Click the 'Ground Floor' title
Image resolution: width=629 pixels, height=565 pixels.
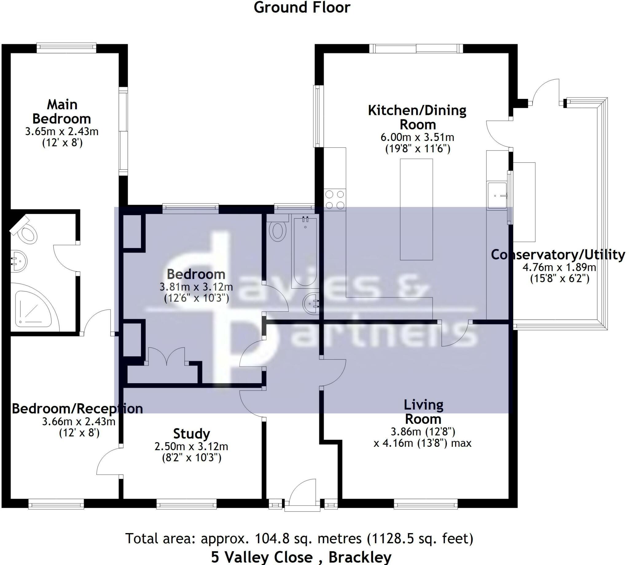[302, 7]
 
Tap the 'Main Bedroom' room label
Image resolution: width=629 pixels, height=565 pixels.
[62, 112]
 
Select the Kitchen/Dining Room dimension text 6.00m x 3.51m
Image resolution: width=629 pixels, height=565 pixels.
[417, 137]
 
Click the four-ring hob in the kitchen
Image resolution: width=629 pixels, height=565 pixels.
[335, 200]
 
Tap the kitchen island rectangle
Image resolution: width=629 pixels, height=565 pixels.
[416, 209]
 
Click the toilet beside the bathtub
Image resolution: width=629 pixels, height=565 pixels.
[278, 228]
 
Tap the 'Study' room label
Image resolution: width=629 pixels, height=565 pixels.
[191, 433]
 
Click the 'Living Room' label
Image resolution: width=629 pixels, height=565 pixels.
[423, 412]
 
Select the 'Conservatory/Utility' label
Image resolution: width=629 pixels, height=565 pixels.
[558, 255]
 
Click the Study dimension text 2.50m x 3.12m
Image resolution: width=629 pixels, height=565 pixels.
[191, 446]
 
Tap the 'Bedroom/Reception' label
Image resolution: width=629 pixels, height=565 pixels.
[77, 408]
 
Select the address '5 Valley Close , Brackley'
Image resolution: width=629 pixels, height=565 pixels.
[301, 557]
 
